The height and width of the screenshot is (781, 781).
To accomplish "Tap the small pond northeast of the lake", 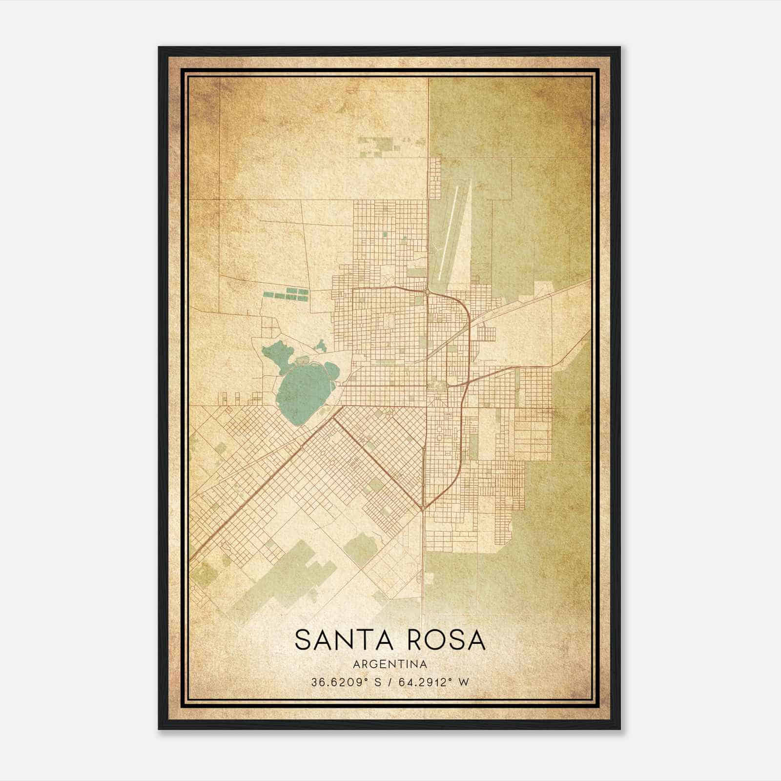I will pyautogui.click(x=321, y=346).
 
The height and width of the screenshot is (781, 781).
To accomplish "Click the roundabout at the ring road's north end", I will pyautogui.click(x=428, y=292).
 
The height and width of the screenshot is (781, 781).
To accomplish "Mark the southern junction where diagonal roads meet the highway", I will pyautogui.click(x=423, y=508).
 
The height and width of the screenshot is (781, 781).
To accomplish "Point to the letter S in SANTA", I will pyautogui.click(x=303, y=640).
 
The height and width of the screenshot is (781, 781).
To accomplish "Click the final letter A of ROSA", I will pyautogui.click(x=476, y=640).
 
